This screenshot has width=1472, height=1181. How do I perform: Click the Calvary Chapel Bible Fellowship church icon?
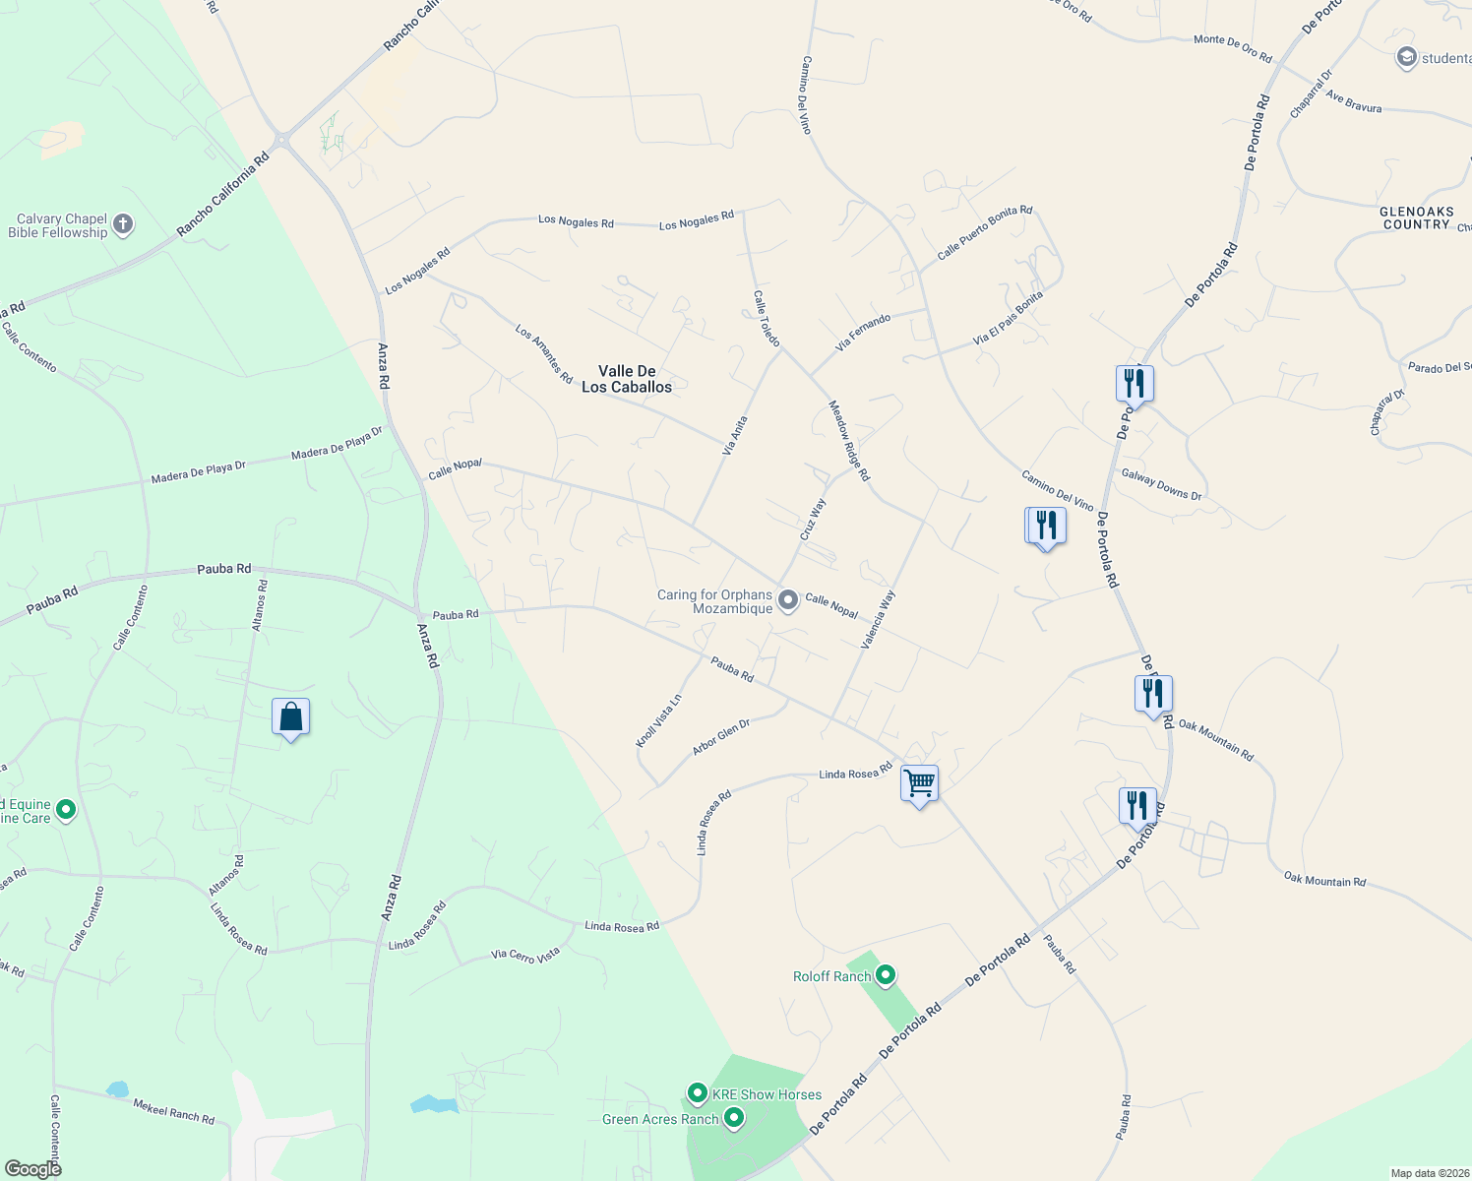123,225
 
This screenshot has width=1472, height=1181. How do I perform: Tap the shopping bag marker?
290,717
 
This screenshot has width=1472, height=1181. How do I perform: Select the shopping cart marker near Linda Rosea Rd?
919,784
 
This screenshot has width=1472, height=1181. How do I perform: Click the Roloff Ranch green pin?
886,975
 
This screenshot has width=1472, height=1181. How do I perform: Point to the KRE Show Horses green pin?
697,1093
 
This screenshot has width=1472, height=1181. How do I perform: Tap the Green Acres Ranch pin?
733,1118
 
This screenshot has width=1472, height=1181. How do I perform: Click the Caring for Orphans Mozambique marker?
787,599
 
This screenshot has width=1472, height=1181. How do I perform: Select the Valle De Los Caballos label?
627,379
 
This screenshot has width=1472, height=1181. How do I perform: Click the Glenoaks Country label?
1416,218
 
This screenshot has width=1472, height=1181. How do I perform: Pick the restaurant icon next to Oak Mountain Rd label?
1153,695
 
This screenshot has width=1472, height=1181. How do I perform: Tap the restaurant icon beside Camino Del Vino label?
1045,526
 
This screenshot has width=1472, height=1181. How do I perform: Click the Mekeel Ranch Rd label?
173,1111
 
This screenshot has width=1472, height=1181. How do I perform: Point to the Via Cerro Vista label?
525,954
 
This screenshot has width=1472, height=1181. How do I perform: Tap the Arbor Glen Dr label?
721,737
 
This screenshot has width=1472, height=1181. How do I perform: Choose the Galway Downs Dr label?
1161,484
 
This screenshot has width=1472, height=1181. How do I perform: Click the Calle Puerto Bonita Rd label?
984,232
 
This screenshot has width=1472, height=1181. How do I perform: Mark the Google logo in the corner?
32,1168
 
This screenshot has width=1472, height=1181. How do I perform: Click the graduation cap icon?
1406,58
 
